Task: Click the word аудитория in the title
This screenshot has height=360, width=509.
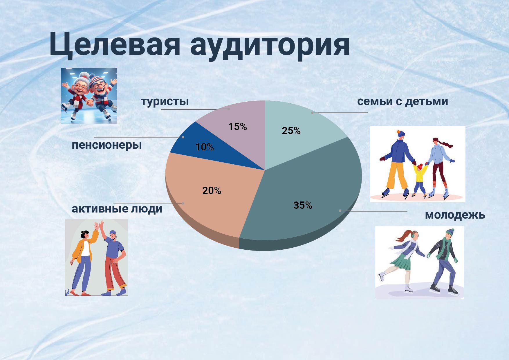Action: [270, 46]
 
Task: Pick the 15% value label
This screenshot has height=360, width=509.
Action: [237, 127]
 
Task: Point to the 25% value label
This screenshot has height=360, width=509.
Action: [291, 131]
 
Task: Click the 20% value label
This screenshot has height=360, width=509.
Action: [212, 190]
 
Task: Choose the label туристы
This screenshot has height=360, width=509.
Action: [165, 101]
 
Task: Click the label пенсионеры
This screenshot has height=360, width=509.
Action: [107, 144]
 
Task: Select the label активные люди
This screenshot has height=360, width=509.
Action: [117, 208]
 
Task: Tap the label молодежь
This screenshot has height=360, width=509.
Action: [455, 215]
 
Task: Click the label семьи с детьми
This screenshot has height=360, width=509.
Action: [402, 101]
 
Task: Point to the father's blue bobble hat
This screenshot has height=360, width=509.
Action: [400, 134]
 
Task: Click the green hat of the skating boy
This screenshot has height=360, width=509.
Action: [450, 232]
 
